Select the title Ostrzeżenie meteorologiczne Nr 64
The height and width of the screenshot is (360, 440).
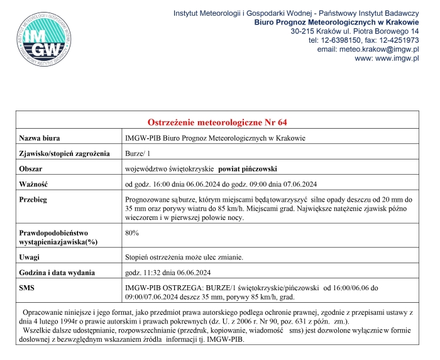click(216, 121)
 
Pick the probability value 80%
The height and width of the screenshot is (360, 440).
click(132, 232)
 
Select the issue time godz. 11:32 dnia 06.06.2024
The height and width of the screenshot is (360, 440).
click(167, 273)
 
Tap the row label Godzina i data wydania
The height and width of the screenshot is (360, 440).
click(58, 273)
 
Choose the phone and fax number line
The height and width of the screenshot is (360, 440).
click(363, 40)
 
